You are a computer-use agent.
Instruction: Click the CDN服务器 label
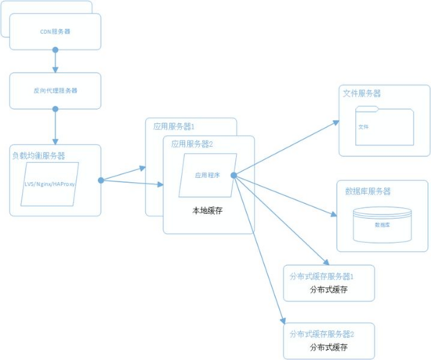coord(55,32)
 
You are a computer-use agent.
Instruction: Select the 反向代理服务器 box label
coord(55,90)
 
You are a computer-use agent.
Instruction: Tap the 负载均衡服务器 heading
coord(39,155)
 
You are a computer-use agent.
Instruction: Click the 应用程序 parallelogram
coord(208,174)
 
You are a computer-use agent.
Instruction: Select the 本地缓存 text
coord(208,211)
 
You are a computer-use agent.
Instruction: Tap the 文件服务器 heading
coord(362,93)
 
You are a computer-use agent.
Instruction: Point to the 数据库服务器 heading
coord(368,191)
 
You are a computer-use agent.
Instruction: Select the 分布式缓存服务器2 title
coord(328,333)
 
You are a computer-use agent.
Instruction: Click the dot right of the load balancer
coord(101,180)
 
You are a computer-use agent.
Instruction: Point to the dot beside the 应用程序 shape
coord(234,175)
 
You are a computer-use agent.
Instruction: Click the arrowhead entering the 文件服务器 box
coord(335,123)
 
